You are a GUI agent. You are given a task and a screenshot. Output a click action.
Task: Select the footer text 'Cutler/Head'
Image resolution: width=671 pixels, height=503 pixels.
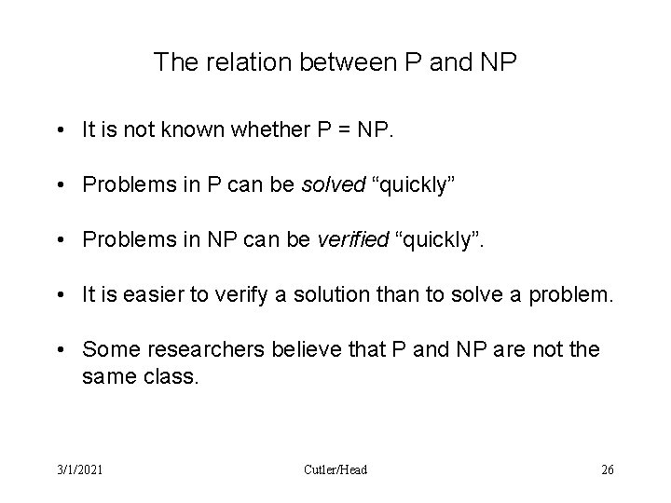tap(335, 469)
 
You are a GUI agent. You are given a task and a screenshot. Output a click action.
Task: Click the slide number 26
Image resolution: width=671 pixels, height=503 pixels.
tap(608, 469)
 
